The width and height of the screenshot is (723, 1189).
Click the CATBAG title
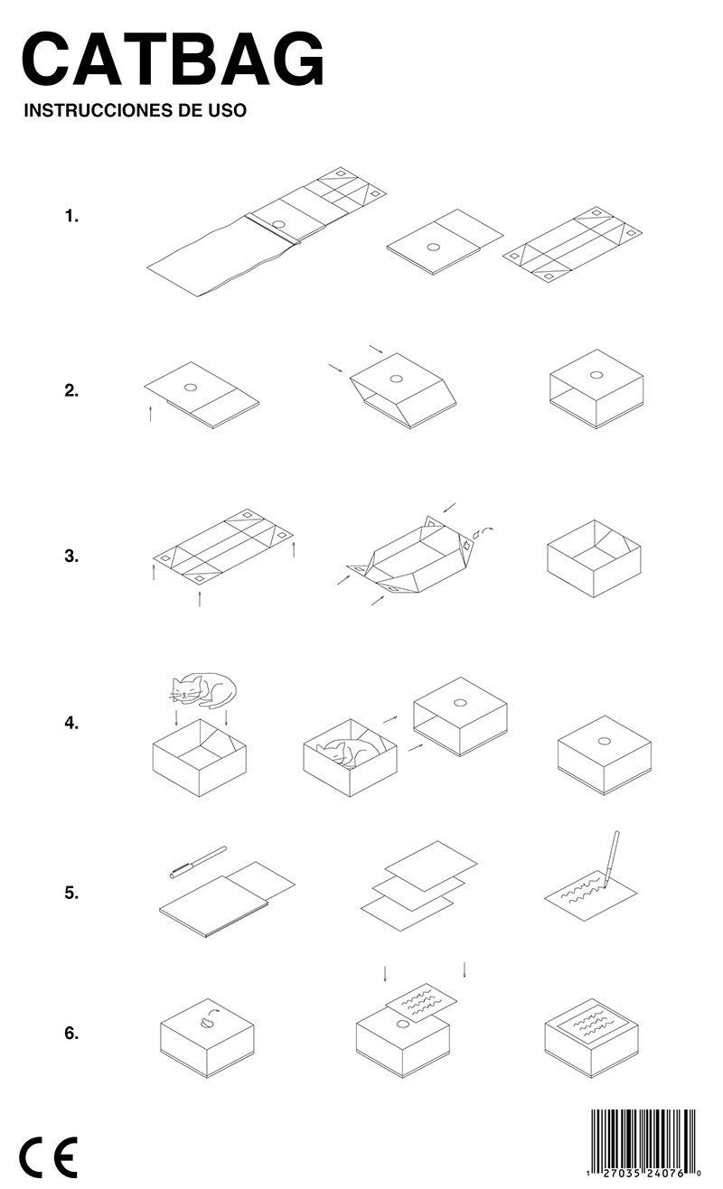point(173,58)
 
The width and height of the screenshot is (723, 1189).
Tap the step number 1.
point(71,217)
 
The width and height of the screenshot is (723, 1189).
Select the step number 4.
point(71,723)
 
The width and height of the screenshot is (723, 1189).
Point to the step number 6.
point(71,1034)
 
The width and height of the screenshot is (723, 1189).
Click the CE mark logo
point(49,1156)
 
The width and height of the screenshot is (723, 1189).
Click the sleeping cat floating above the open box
point(202,688)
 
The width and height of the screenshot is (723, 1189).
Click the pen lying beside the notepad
point(198,862)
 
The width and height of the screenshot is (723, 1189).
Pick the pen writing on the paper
point(610,859)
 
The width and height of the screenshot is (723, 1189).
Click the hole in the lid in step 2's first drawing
point(191,388)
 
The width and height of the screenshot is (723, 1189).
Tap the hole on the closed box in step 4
point(604,741)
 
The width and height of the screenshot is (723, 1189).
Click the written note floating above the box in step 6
point(421,1002)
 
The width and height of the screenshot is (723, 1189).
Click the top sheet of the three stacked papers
point(431,866)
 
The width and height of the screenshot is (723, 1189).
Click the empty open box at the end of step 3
point(594,558)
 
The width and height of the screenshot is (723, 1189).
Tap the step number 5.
point(71,893)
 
